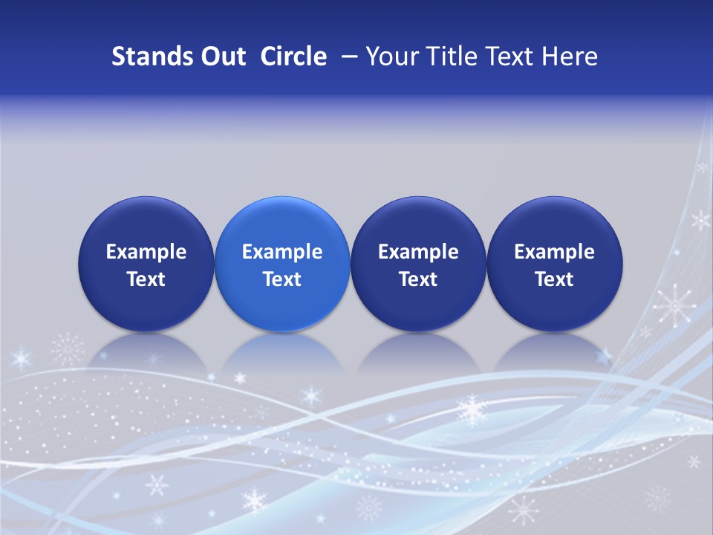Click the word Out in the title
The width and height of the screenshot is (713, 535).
[x=220, y=56]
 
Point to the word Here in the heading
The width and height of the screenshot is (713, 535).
[x=570, y=56]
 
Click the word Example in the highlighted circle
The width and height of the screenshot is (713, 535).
[x=282, y=252]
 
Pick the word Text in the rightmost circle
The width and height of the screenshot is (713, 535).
[x=555, y=279]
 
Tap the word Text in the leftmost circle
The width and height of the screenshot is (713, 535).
[x=146, y=279]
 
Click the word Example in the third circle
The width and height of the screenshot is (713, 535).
[x=418, y=252]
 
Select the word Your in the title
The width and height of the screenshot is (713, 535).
[x=389, y=56]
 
